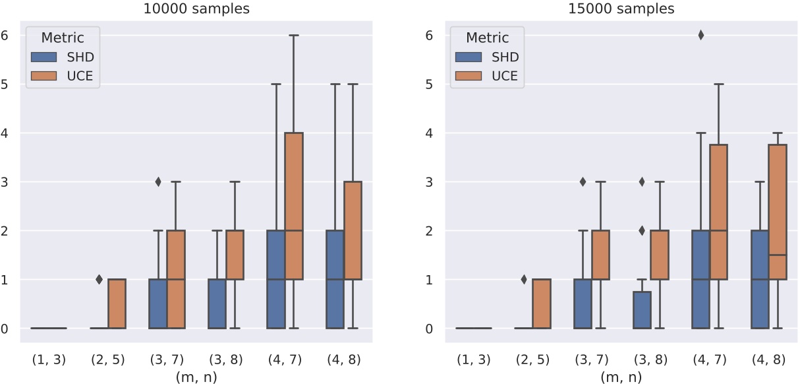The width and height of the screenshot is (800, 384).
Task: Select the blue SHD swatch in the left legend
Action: pyautogui.click(x=45, y=57)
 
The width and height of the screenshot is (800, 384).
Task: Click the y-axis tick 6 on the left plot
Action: pyautogui.click(x=6, y=35)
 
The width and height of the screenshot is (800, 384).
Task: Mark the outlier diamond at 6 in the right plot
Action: pyautogui.click(x=701, y=36)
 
